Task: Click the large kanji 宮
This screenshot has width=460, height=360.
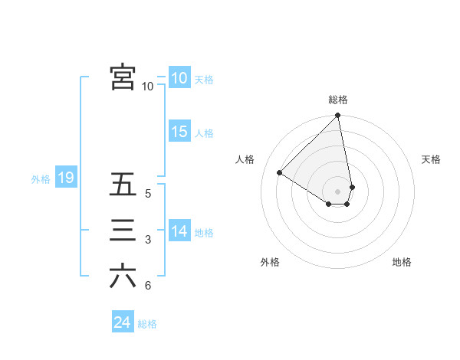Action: [123, 77]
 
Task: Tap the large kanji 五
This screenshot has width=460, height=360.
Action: [123, 185]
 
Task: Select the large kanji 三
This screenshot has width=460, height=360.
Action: [123, 231]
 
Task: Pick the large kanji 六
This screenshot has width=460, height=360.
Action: [123, 277]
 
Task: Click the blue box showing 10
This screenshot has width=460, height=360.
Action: [179, 78]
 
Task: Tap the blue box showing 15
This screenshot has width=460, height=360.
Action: [179, 132]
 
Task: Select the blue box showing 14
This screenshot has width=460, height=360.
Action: [179, 231]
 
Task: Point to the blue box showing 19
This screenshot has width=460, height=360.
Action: [65, 178]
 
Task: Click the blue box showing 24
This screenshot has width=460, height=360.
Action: [122, 322]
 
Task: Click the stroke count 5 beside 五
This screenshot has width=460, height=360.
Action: [148, 194]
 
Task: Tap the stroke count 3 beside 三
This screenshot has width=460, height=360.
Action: [148, 241]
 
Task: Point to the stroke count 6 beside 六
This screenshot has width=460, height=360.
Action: [148, 286]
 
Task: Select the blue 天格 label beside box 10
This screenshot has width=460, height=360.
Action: [204, 80]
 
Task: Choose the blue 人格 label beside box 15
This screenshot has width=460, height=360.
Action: [204, 133]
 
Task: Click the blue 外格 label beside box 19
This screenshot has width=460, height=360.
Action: [41, 180]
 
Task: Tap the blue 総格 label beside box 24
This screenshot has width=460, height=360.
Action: [147, 324]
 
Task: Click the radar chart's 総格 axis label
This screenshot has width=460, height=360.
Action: [338, 100]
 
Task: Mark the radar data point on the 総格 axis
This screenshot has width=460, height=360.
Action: [337, 116]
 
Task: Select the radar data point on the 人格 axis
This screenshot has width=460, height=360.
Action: [280, 172]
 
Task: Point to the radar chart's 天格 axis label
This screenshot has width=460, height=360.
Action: [431, 159]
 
